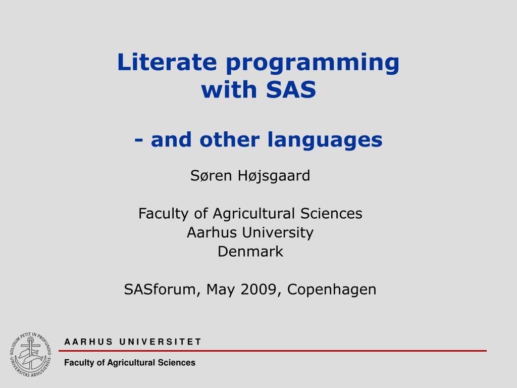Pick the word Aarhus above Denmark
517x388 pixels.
click(x=208, y=232)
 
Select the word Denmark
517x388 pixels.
click(x=250, y=251)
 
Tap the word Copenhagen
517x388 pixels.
click(x=332, y=290)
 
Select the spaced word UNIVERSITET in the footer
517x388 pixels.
click(x=161, y=342)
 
